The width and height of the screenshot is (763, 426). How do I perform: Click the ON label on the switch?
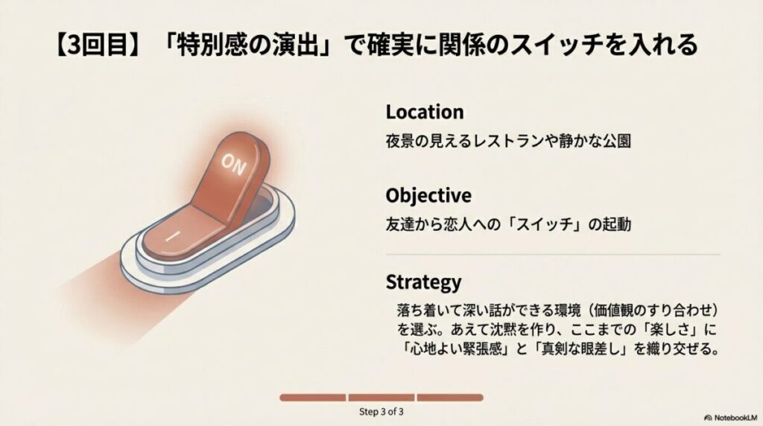233,164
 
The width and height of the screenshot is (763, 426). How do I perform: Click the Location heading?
425,112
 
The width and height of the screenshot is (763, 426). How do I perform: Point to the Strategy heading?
423,282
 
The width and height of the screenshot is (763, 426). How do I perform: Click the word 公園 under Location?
617,141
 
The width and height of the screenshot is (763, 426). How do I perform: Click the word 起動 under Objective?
617,224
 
